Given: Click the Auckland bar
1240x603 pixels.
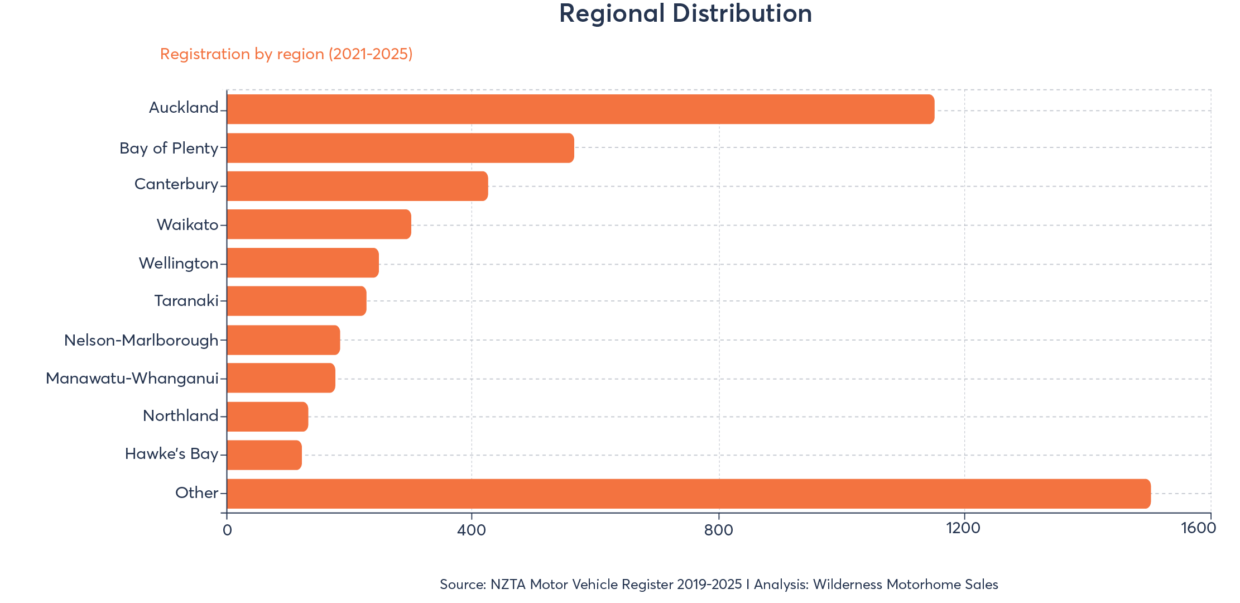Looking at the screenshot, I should point(580,109).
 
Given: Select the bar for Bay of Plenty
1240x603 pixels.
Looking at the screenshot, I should point(400,148).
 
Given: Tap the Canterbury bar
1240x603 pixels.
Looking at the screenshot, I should point(357,186).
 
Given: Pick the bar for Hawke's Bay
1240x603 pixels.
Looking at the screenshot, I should point(264,455).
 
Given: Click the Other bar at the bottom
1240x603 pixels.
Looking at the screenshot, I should point(689,494).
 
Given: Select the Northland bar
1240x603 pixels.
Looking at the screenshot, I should point(267,417).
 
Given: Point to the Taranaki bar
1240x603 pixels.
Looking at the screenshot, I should point(296,301).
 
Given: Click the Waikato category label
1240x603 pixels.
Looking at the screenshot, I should point(188,224).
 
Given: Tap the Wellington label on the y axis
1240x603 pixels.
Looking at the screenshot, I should point(179,263).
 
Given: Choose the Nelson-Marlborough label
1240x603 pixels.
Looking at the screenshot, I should point(141,340).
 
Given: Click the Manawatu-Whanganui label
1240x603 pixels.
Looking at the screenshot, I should point(132,379).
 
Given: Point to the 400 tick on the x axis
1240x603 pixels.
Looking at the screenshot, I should point(472,529).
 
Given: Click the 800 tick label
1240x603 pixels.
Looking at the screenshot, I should point(718,529).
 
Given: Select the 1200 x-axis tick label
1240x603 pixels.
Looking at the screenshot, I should point(964,528).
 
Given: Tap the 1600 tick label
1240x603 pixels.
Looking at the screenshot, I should point(1198,528).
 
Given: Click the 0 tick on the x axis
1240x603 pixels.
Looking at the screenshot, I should point(227,529).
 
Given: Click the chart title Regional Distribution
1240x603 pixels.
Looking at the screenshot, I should point(685,13).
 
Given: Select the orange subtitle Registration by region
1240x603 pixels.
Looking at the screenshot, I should point(286,54).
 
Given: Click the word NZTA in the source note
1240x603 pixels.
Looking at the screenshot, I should point(508,585).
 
